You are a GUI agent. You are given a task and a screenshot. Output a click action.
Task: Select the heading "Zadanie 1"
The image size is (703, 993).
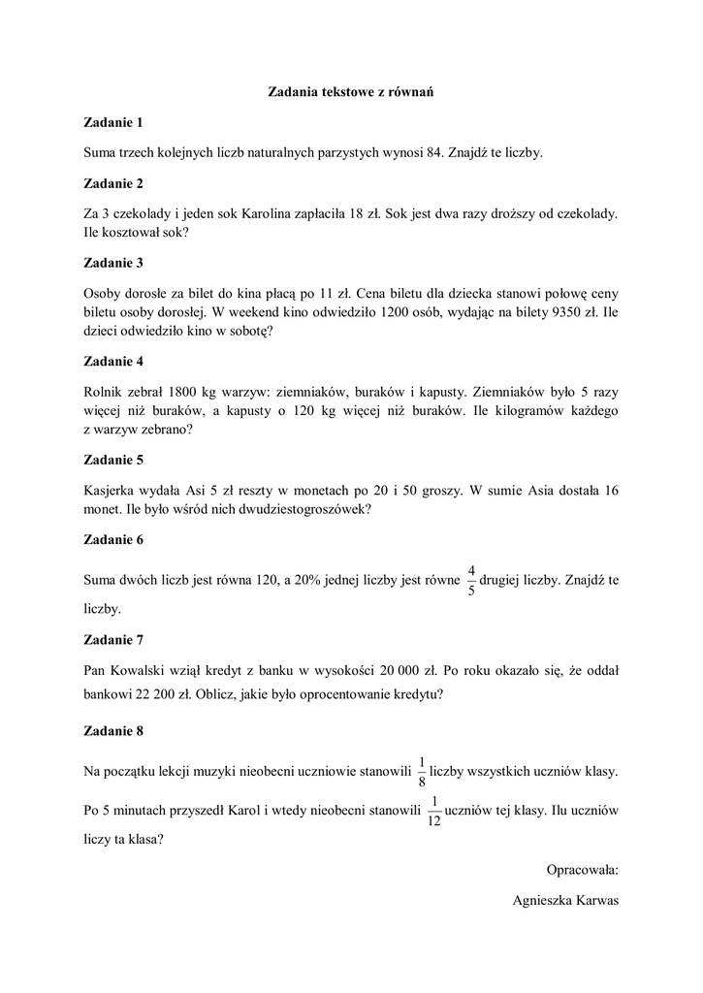113,122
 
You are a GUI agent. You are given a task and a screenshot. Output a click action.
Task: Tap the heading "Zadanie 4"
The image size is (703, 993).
113,361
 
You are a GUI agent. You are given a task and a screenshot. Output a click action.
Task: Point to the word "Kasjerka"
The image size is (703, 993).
112,491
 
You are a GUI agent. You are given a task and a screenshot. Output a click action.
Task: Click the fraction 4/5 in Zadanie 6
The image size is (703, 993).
471,580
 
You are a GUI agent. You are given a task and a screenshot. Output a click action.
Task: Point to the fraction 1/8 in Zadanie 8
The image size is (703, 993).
422,771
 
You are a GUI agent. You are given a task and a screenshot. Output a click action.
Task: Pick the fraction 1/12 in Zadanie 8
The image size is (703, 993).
433,809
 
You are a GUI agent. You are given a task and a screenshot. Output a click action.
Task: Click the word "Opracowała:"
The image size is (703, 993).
582,869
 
